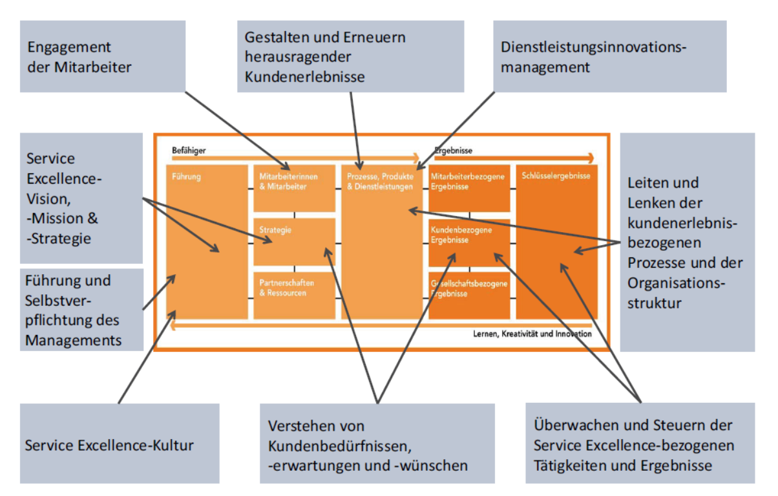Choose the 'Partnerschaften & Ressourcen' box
pos(294,295)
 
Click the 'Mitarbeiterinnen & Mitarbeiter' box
pos(294,188)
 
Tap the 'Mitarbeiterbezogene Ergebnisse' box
pos(469,188)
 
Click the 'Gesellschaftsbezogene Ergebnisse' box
pos(469,295)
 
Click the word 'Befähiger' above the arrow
pos(189,150)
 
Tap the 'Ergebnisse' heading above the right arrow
pos(454,150)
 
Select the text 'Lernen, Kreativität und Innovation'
pos(529,334)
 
